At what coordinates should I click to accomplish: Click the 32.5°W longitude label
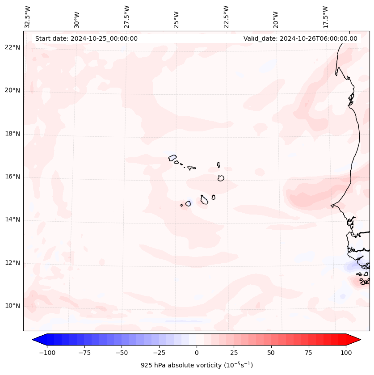click(x=28, y=17)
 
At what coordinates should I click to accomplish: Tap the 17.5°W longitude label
click(x=325, y=17)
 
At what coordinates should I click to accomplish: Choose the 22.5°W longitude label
click(x=226, y=17)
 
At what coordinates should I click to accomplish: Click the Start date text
click(x=86, y=38)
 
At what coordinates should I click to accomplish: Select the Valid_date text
click(x=300, y=38)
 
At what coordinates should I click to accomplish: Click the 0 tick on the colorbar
click(x=197, y=353)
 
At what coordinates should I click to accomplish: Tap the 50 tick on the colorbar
click(x=271, y=353)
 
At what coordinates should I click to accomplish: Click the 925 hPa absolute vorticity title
click(x=197, y=365)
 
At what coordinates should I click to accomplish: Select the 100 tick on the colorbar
click(x=346, y=353)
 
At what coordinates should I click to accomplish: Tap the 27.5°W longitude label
click(x=127, y=17)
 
